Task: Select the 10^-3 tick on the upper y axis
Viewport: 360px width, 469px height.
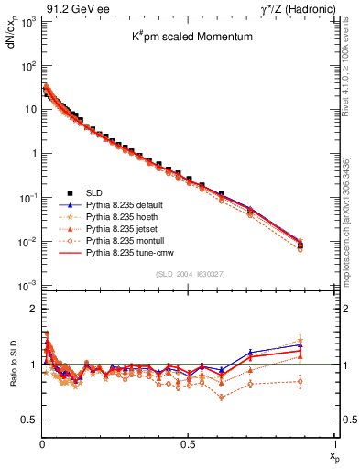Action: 27,286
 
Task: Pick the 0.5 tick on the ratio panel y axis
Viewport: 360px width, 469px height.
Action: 27,420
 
